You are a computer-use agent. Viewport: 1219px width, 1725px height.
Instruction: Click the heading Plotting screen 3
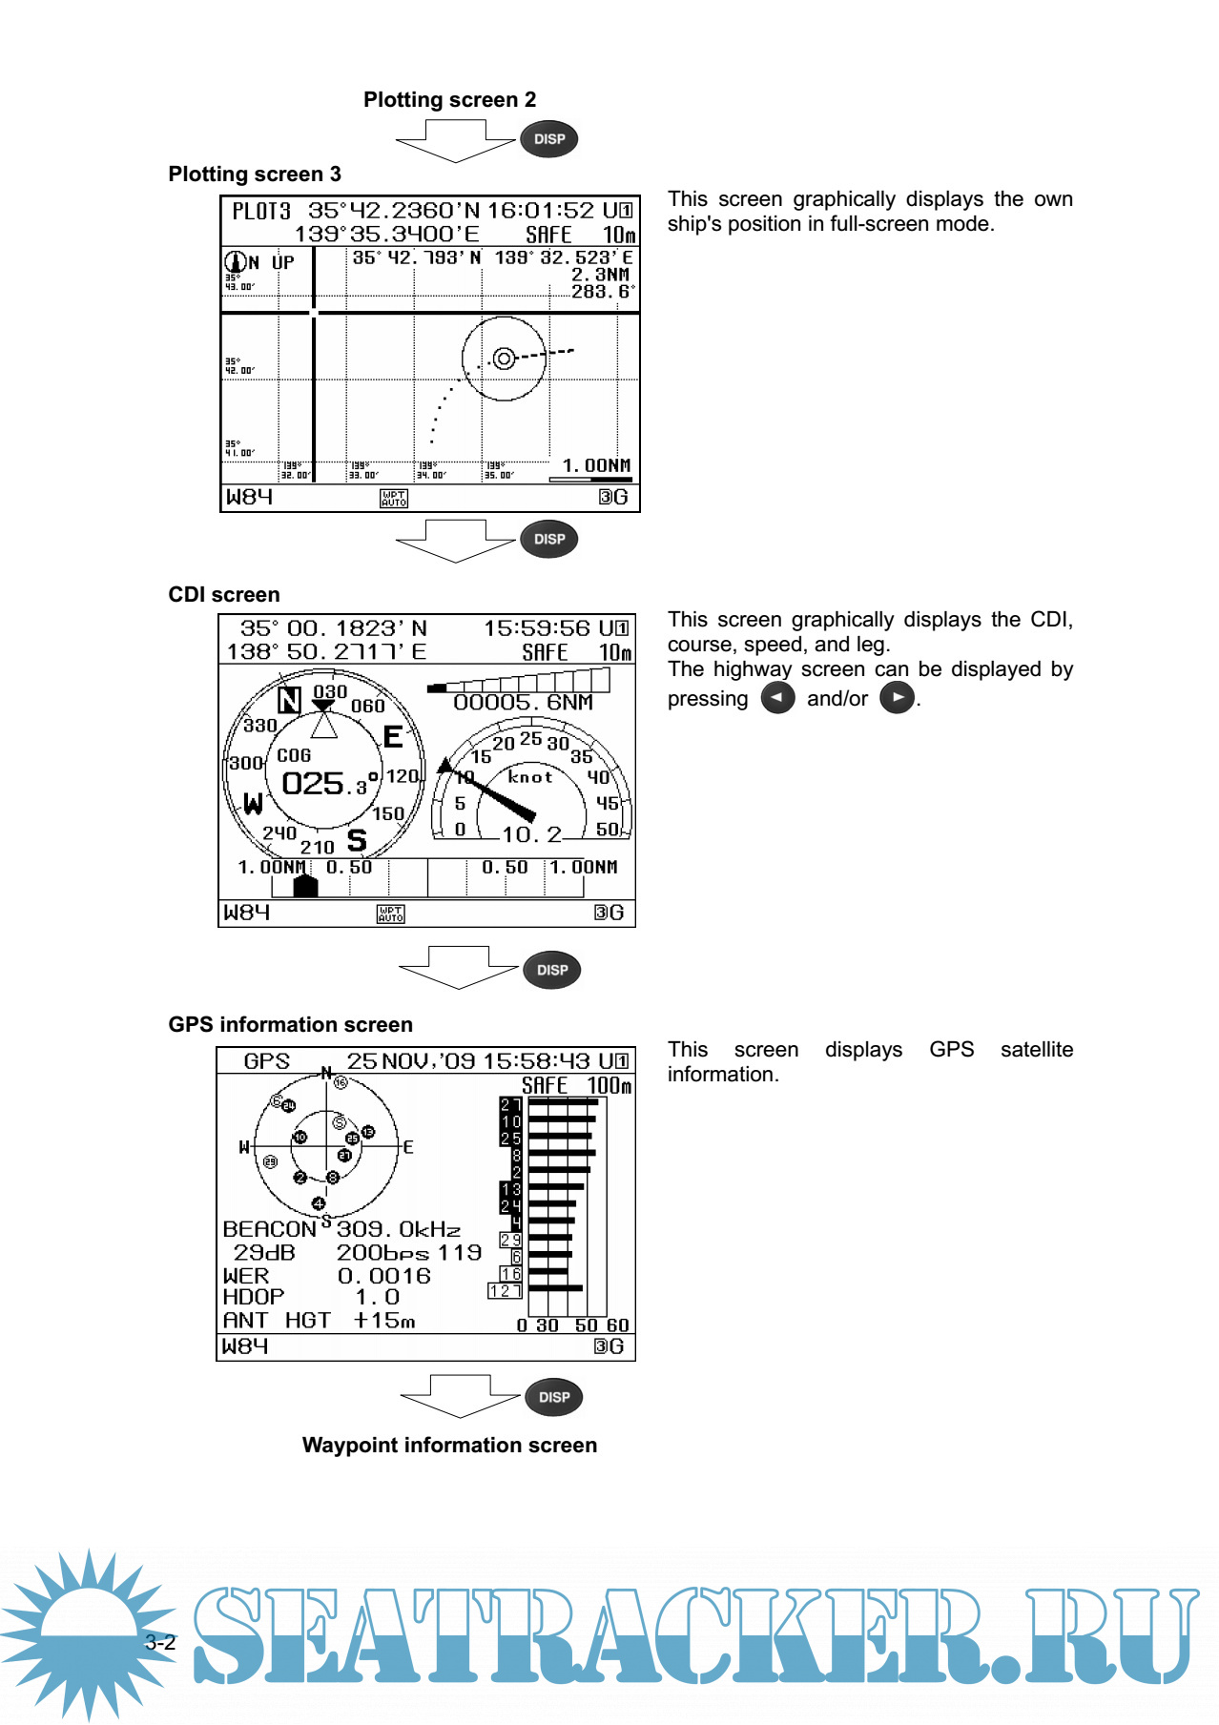(255, 175)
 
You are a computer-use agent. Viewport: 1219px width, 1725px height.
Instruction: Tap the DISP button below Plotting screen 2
(549, 139)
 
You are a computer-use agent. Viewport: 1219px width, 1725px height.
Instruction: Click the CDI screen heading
(224, 595)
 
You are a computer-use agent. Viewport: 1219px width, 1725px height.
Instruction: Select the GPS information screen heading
(290, 1025)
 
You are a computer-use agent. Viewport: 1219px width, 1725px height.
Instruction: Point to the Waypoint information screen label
(449, 1446)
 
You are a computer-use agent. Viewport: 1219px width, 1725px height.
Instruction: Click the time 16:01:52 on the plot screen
(541, 211)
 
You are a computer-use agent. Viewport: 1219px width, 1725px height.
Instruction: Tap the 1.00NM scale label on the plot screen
(596, 465)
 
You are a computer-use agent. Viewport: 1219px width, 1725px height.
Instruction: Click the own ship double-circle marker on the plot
(504, 359)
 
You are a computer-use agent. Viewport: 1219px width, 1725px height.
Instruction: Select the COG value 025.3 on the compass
(324, 784)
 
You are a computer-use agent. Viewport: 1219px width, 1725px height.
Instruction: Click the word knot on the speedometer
(530, 777)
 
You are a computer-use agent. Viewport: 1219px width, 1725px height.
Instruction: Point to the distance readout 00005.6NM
(523, 703)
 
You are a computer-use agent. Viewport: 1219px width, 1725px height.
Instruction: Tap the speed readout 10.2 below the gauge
(531, 835)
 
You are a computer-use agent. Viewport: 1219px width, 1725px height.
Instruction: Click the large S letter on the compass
(357, 840)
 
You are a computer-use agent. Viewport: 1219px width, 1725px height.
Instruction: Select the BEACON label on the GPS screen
(269, 1230)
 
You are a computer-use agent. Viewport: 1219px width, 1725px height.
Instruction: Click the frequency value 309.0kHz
(398, 1230)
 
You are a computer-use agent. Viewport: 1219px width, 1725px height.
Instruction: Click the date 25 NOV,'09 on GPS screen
(411, 1061)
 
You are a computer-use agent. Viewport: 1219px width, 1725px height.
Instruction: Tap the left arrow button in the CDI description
(777, 698)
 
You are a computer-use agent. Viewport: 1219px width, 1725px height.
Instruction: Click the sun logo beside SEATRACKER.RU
(88, 1633)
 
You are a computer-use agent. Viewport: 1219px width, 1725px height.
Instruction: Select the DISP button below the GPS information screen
(554, 1398)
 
